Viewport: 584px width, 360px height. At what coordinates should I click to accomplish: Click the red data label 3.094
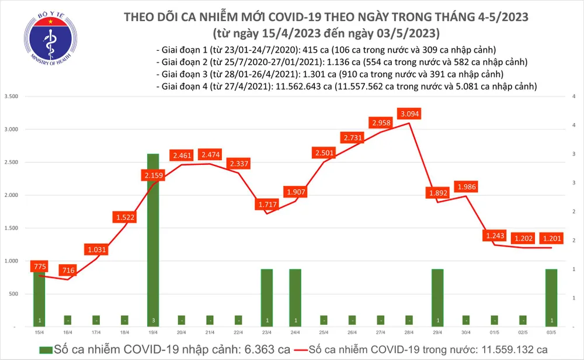(x=410, y=113)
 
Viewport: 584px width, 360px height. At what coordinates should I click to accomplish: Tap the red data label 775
(x=39, y=266)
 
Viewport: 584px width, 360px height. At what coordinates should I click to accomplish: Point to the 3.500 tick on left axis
(x=12, y=96)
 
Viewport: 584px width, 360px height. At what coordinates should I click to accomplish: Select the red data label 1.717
(x=266, y=205)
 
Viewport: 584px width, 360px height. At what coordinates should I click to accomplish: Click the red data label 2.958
(x=381, y=123)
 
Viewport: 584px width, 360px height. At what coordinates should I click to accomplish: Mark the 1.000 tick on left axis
(x=12, y=261)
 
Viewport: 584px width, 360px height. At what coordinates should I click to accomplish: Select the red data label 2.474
(x=210, y=155)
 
